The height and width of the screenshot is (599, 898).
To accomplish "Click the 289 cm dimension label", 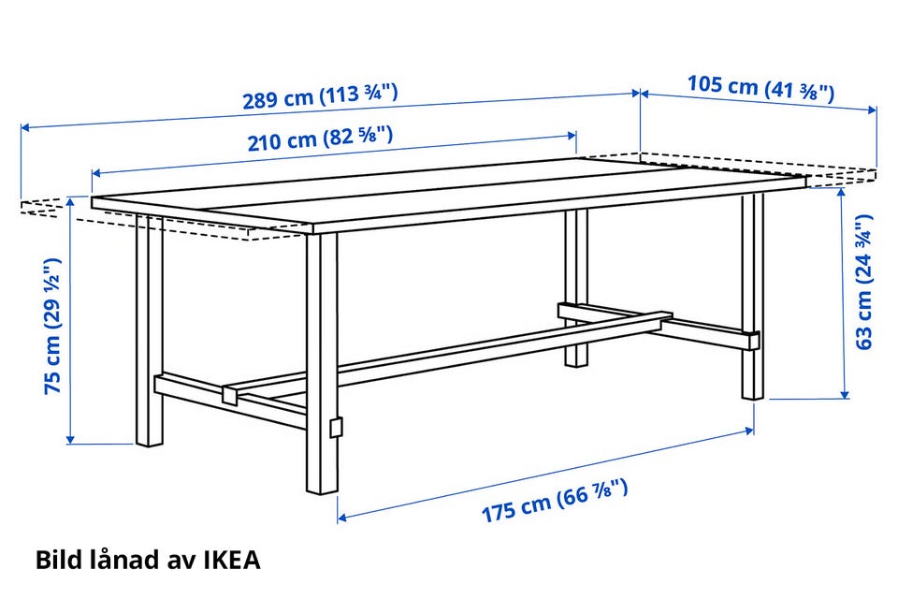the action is pos(320,96).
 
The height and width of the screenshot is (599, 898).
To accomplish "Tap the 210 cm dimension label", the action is pos(320,139).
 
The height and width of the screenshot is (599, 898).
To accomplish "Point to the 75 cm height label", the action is pos(52,326).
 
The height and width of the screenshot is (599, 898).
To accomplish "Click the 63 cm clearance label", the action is pos(863,282).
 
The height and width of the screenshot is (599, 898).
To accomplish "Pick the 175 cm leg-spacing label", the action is pos(555,501).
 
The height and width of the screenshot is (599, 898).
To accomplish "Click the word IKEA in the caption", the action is pos(232,560).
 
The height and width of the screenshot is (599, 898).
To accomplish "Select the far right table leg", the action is pos(752,296).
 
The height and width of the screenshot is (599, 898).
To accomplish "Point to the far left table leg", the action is pos(150,329).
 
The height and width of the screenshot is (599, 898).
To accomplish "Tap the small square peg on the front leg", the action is pos(336,427).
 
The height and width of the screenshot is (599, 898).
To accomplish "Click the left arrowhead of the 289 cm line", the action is pos(25,127).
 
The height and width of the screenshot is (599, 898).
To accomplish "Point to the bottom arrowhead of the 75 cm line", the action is pos(70,439).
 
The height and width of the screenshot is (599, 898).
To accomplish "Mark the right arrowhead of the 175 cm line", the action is pos(749,430).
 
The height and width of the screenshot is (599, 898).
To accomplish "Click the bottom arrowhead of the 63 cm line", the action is pos(844,394).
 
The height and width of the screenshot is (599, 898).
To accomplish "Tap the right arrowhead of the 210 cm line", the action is pos(572,136).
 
